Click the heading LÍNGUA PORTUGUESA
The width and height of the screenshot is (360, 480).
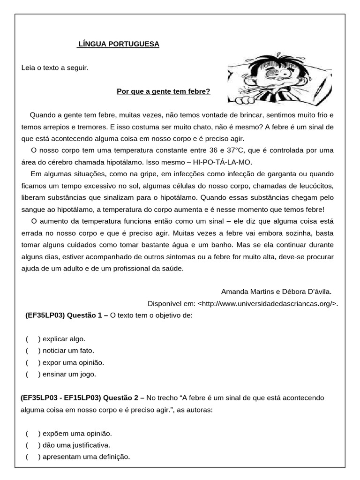[119, 44]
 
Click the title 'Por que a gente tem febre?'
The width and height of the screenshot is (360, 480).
[164, 91]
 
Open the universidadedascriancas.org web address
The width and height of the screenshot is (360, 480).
[267, 303]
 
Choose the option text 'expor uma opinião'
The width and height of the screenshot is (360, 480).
[73, 362]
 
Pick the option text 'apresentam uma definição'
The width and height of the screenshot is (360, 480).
[86, 457]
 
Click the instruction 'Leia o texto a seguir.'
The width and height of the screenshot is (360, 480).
[55, 68]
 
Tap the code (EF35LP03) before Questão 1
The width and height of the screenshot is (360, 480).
[45, 315]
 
